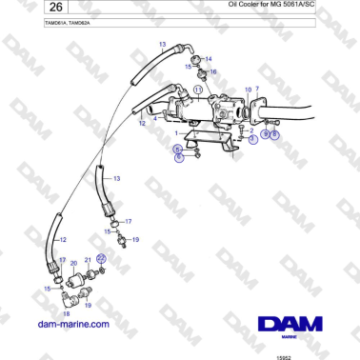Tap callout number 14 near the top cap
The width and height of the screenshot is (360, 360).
click(x=209, y=59)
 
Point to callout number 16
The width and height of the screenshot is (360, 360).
click(x=213, y=71)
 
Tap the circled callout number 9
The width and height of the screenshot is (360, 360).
click(x=266, y=135)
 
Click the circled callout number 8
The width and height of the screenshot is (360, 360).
click(x=275, y=135)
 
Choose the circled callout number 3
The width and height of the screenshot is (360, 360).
click(x=253, y=139)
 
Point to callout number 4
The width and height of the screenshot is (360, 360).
click(x=155, y=117)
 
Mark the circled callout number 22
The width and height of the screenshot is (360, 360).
click(x=102, y=258)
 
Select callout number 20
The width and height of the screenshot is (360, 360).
click(x=73, y=262)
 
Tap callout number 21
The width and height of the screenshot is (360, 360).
click(x=88, y=260)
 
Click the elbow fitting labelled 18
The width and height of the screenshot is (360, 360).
click(x=66, y=298)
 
